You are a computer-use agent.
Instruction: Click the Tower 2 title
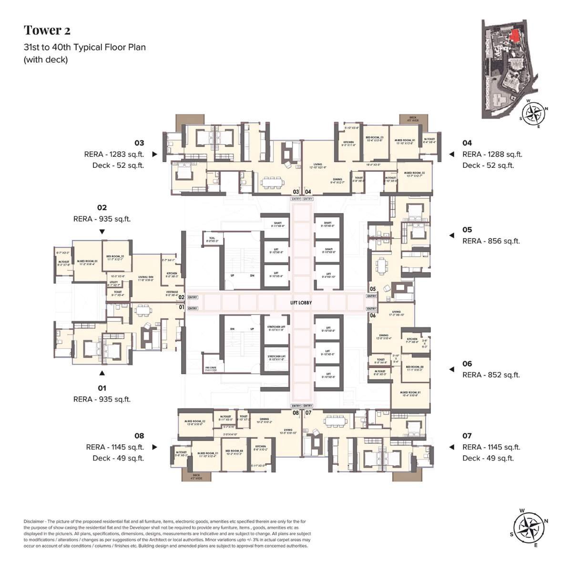click(47, 31)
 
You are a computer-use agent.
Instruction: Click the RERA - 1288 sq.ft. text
click(492, 154)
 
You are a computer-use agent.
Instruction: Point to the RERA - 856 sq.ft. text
click(490, 241)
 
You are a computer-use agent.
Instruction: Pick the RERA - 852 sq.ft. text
click(490, 375)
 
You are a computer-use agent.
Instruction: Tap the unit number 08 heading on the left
click(139, 436)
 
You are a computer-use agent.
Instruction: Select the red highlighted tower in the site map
click(514, 35)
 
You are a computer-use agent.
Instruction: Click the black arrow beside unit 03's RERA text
click(154, 154)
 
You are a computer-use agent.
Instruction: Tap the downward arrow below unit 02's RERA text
click(102, 232)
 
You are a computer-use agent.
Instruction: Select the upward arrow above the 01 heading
click(102, 373)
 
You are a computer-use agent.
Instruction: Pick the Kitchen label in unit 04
click(348, 143)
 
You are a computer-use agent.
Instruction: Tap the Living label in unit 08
click(287, 429)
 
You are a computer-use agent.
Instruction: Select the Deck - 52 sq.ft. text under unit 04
click(488, 165)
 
